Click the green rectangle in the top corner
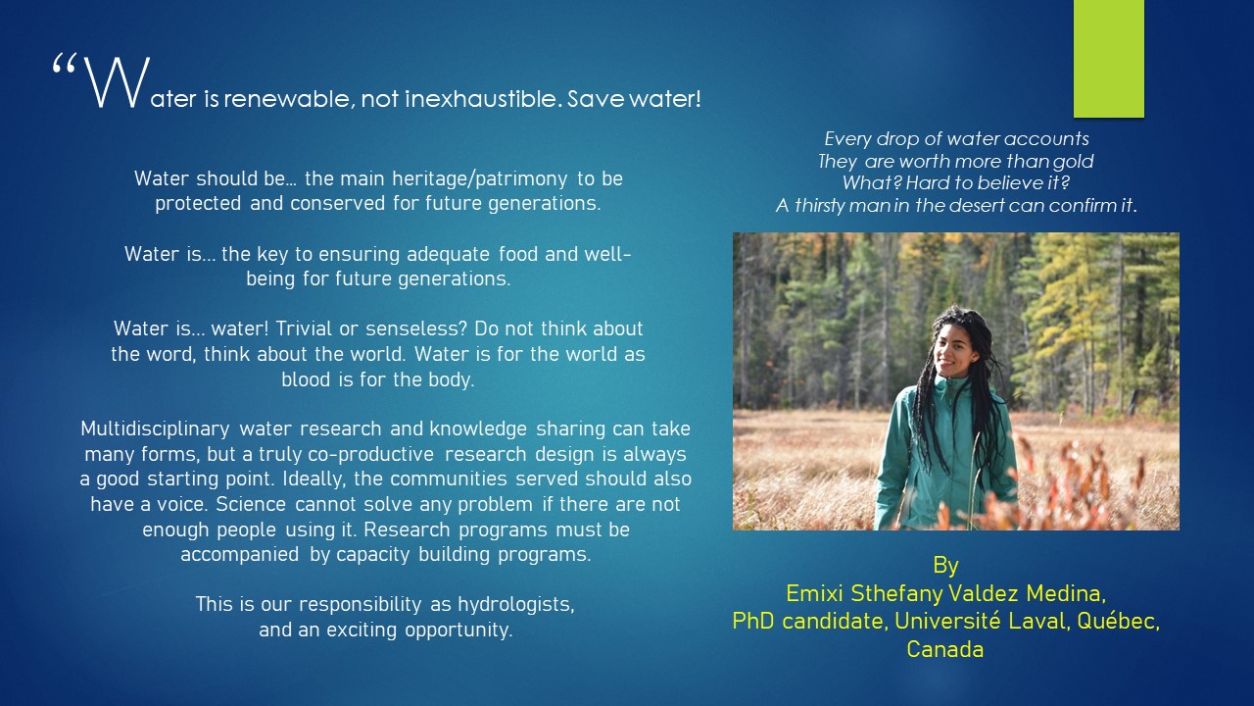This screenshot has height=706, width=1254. point(1108,58)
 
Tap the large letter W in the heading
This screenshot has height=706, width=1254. point(117,81)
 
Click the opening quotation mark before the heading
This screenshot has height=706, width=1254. point(64,65)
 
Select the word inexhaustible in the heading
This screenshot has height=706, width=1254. point(482,99)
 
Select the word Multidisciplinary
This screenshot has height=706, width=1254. point(155,429)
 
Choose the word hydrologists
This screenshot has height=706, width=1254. point(516,605)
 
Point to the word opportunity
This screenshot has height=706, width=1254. point(458,630)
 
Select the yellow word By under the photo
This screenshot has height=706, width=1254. point(945,566)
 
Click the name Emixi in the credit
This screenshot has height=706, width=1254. point(814,593)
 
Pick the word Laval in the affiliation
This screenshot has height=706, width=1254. point(1037,622)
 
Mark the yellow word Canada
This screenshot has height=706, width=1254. point(945,649)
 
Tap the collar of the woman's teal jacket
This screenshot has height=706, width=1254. point(950,383)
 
